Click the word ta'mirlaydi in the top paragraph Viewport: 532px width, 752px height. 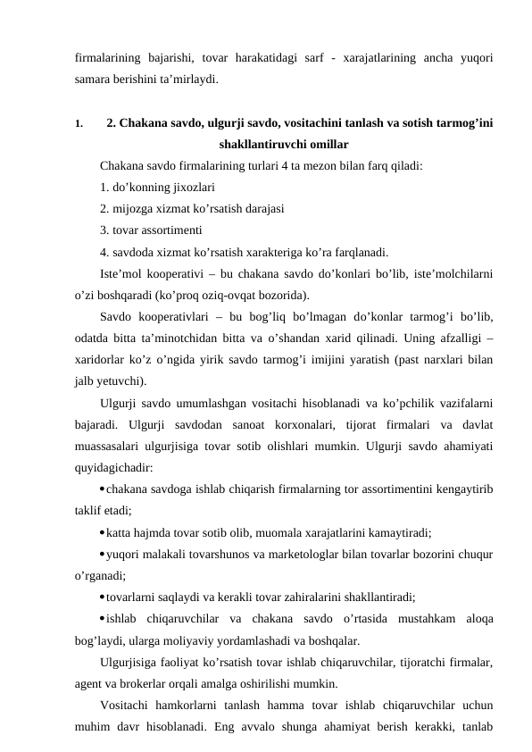coord(187,79)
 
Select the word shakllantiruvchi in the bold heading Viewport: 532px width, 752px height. coord(255,144)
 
